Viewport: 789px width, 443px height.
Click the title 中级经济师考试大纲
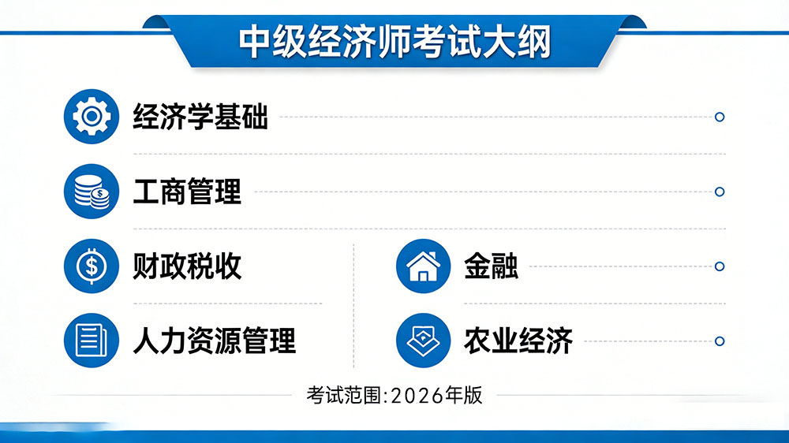click(x=394, y=42)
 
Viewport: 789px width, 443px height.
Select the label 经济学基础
click(x=200, y=117)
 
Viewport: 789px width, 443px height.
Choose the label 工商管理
click(x=187, y=192)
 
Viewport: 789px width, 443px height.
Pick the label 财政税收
click(x=187, y=266)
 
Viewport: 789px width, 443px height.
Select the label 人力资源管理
click(x=214, y=341)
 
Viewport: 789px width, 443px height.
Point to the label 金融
click(x=491, y=266)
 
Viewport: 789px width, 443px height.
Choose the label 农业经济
click(x=518, y=341)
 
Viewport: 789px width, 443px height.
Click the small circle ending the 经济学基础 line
click(x=719, y=117)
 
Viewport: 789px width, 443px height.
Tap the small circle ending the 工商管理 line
click(x=719, y=192)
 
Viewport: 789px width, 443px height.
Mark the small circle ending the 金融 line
click(x=719, y=266)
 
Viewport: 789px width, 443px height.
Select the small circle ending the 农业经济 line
click(x=719, y=341)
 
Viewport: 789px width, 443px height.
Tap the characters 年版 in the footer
click(x=463, y=395)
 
